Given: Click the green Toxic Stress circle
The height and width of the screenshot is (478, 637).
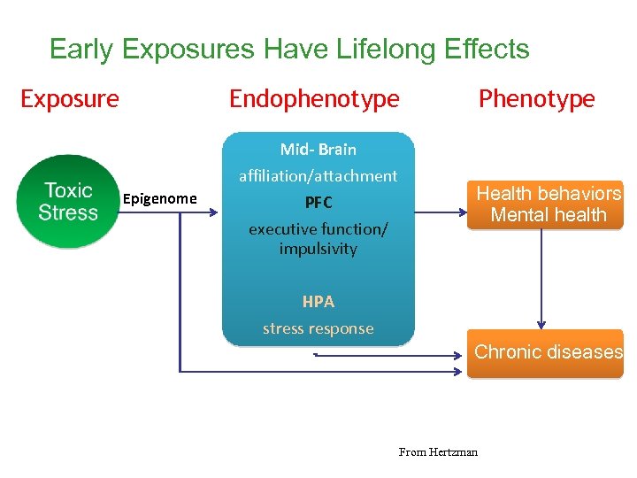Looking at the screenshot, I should click(x=68, y=201).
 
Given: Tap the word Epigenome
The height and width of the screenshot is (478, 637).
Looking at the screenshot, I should click(x=160, y=198).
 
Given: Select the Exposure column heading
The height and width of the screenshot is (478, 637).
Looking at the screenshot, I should click(x=70, y=98).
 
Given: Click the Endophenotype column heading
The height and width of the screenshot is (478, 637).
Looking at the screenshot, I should click(x=314, y=98).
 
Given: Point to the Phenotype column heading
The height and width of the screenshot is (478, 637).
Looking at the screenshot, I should click(x=536, y=98).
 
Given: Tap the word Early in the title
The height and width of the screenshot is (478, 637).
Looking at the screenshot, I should click(x=82, y=49).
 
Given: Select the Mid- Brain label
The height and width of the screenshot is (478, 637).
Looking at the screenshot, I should click(x=318, y=149).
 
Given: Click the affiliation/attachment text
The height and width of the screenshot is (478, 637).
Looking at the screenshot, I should click(x=318, y=176).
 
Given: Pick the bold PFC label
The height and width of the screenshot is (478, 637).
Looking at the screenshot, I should click(x=318, y=203).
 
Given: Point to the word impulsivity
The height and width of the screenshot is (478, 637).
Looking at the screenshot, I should click(x=318, y=249).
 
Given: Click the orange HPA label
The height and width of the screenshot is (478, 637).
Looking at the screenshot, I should click(x=318, y=302).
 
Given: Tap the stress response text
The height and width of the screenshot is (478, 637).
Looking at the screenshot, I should click(x=318, y=328).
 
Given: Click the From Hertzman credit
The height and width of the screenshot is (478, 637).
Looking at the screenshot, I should click(x=438, y=452).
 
